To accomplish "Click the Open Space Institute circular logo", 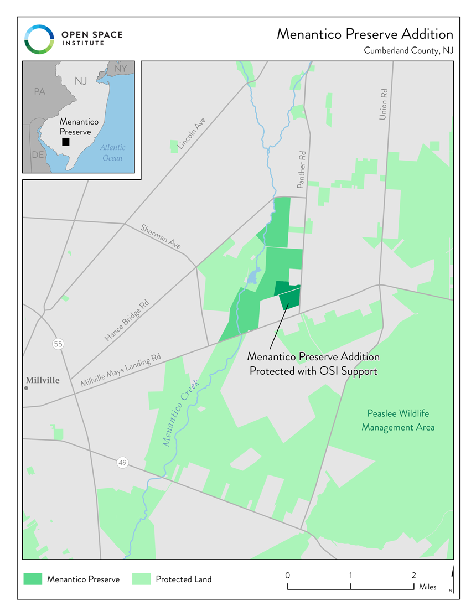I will click(39, 39).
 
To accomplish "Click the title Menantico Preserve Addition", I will click(365, 34).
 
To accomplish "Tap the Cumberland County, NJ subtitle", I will click(408, 51).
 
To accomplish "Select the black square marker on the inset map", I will click(66, 142).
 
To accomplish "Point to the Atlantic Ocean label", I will click(113, 153).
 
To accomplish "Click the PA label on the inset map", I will click(39, 91).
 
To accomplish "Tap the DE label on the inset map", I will click(38, 155).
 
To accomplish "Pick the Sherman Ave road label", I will click(161, 236).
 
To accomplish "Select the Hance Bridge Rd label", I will click(127, 321).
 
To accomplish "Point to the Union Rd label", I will click(383, 104).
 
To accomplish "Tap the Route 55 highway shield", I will click(58, 344).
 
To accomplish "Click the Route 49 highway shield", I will click(122, 462).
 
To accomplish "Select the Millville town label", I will click(43, 381).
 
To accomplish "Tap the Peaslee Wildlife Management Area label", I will click(398, 420).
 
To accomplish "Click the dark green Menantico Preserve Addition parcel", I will click(289, 296).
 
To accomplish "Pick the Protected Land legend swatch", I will click(142, 579).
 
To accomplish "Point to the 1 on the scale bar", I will click(351, 576).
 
